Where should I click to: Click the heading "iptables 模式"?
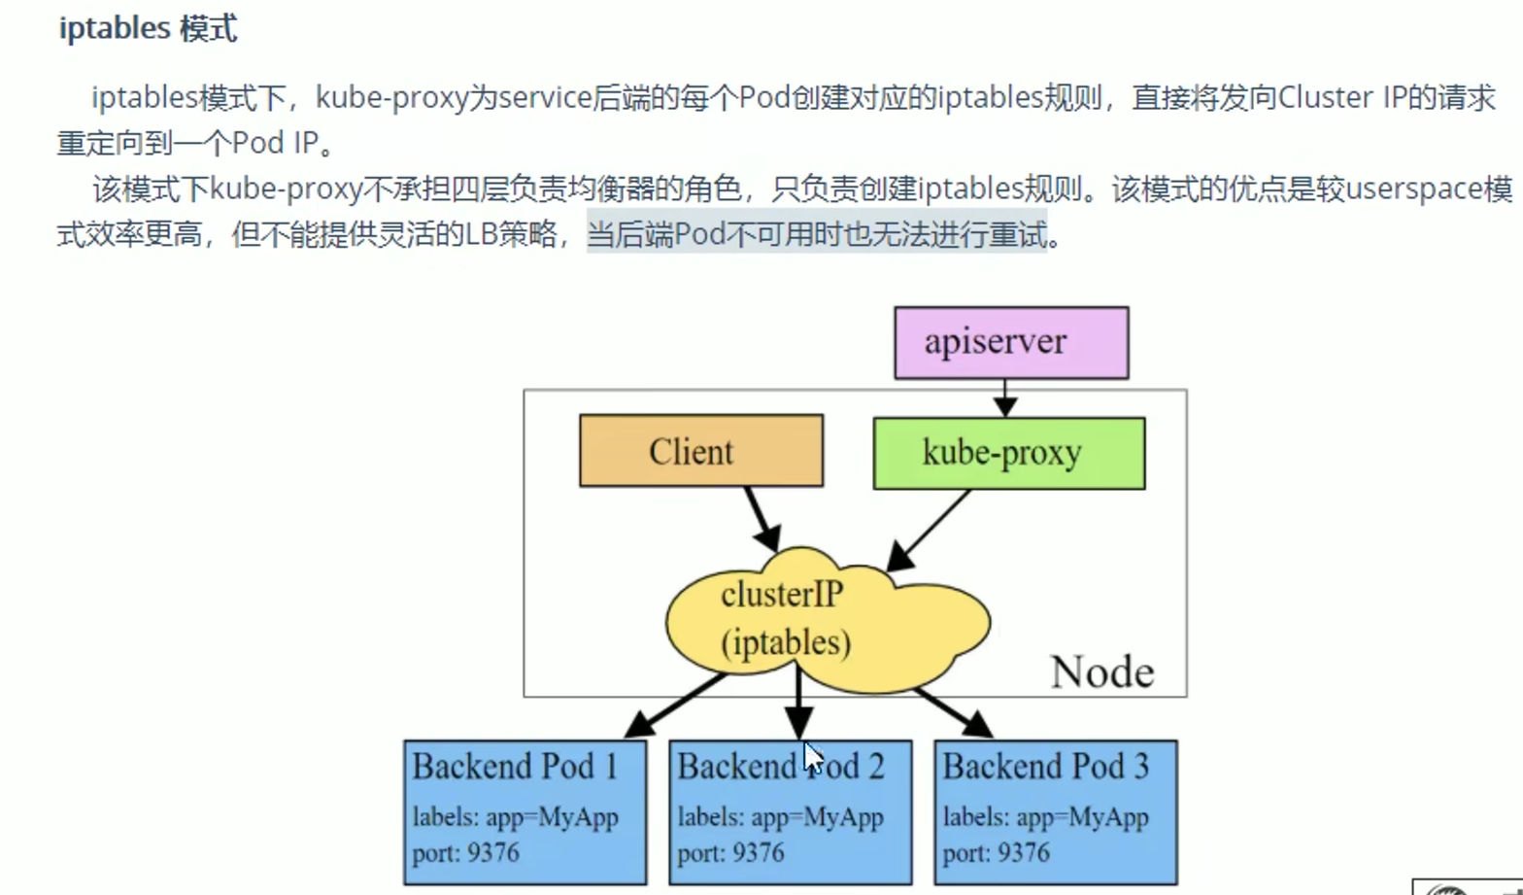(x=148, y=28)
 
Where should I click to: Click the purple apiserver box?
(x=1010, y=342)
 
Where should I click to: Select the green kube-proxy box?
(x=1008, y=453)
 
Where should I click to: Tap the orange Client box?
(x=700, y=451)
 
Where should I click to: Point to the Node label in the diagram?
(x=1101, y=671)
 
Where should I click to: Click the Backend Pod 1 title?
(x=515, y=767)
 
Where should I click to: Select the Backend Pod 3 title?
(x=1045, y=767)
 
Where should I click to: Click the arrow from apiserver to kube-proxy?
(x=1005, y=397)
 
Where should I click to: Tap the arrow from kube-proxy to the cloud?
(x=929, y=531)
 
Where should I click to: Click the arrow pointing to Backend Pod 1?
(x=675, y=705)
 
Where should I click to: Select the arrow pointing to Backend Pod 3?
(x=952, y=710)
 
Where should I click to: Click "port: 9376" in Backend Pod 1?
(x=465, y=852)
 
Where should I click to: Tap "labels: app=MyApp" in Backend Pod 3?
(x=1045, y=817)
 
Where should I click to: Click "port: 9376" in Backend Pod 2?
(x=730, y=852)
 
